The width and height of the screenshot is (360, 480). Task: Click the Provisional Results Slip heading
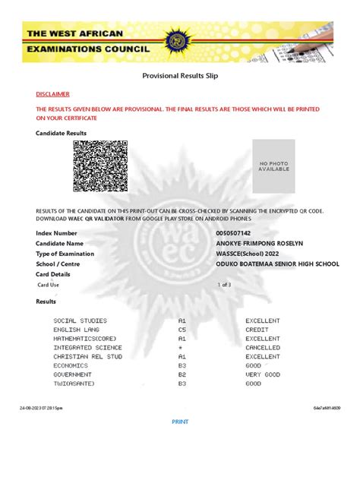click(x=180, y=77)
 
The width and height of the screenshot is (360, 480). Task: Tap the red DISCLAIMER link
click(x=52, y=94)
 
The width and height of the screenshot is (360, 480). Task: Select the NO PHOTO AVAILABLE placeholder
click(x=274, y=166)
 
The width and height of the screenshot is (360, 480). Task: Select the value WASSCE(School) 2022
click(x=248, y=254)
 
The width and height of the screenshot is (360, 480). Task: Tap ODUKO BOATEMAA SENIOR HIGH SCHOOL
click(x=277, y=264)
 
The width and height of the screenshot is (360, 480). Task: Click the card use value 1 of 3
click(x=225, y=284)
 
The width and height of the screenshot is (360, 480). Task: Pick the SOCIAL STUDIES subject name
click(x=80, y=321)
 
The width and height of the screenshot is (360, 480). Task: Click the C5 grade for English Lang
click(x=182, y=330)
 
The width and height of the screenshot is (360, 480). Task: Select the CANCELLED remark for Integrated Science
click(x=263, y=347)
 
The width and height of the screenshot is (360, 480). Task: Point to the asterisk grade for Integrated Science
click(x=181, y=347)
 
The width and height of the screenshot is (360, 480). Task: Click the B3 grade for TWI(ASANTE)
click(x=182, y=384)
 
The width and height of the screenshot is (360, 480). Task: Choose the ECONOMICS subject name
click(x=71, y=365)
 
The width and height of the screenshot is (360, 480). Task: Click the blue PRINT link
click(x=180, y=422)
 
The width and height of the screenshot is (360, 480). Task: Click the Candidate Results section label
click(x=61, y=133)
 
